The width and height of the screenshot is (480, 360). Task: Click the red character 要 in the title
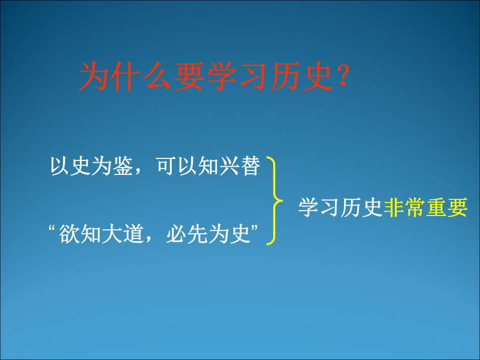coord(189,76)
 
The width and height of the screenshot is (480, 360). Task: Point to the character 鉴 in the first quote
coord(123,166)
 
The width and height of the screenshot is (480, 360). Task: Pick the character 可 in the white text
coord(166,166)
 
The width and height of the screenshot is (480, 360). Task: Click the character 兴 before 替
coord(229,166)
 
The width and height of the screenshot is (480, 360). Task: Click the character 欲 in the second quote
coord(69,234)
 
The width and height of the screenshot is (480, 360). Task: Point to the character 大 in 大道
coord(113,234)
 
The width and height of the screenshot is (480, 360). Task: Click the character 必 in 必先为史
coord(176,234)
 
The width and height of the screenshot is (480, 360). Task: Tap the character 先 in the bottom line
coord(197,234)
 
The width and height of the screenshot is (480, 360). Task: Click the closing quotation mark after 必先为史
coord(254,228)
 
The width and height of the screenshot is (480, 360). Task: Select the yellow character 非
coord(394,207)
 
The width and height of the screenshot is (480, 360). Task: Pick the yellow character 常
coord(415,207)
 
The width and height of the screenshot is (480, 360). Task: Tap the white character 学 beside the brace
coord(309,207)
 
